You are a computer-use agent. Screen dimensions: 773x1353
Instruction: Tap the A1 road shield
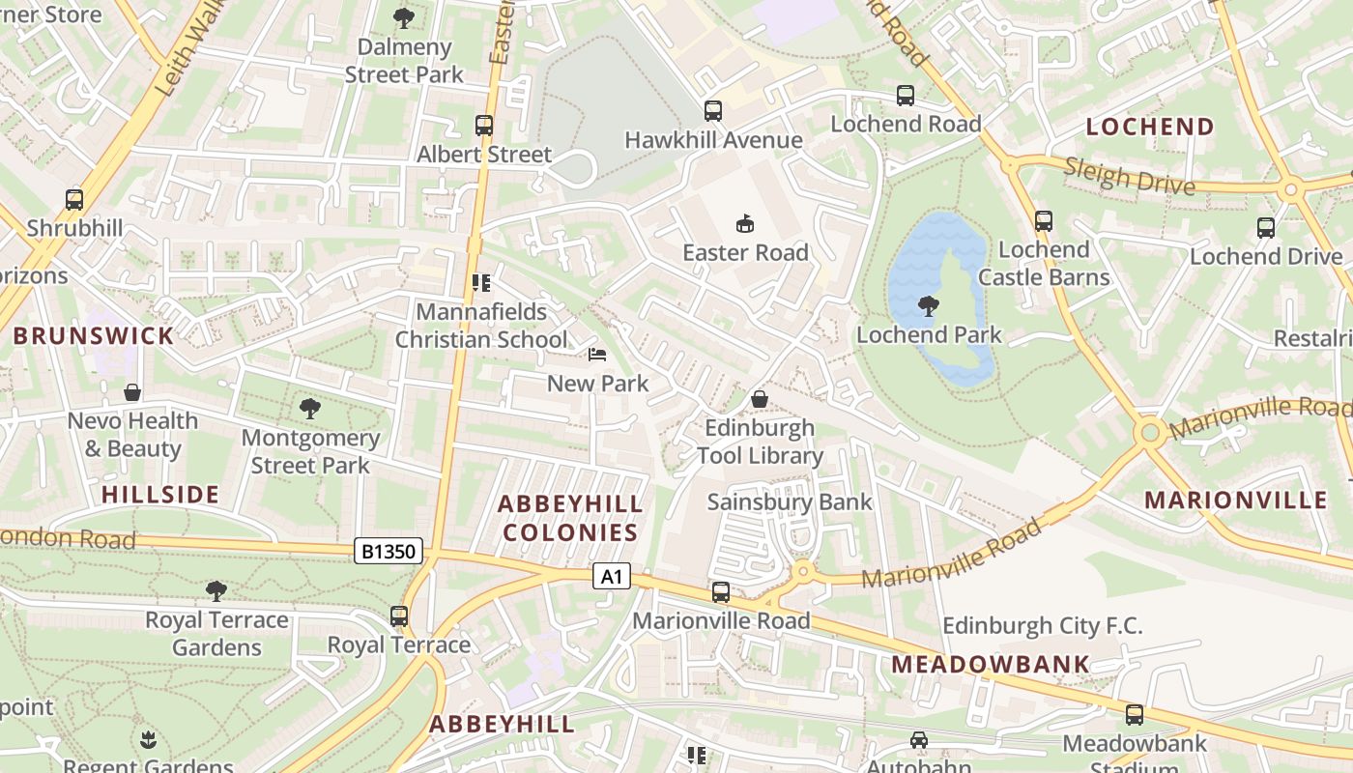pos(611,577)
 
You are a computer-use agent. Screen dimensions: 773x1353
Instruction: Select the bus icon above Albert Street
pos(484,126)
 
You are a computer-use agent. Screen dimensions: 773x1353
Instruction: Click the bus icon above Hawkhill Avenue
pos(713,111)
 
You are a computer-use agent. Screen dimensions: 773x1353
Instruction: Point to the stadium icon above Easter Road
pos(744,224)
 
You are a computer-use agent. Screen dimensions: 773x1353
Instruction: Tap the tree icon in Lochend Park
pos(928,306)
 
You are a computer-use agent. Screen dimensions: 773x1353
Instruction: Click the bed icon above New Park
pos(597,355)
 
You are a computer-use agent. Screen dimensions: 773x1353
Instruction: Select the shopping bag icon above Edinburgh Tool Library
pos(760,399)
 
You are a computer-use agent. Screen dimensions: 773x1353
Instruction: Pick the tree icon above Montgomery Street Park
pos(309,409)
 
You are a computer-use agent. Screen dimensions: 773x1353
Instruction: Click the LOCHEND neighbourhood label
pos(1150,127)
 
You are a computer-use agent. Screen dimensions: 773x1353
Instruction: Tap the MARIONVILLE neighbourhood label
pos(1235,500)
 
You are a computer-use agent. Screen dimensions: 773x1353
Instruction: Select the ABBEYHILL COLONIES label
pos(570,518)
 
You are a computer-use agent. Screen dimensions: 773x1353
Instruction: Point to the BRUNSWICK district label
pos(94,336)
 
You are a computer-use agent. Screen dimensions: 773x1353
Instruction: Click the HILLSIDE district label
pos(160,495)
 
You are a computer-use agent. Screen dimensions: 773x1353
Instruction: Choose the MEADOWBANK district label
pos(991,665)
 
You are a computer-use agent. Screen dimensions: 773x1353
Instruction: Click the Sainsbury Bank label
pos(790,501)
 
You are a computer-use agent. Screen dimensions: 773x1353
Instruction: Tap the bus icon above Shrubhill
pos(74,200)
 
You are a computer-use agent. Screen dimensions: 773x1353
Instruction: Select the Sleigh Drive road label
pos(1129,177)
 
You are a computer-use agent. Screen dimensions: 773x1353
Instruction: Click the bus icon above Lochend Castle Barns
pos(1044,221)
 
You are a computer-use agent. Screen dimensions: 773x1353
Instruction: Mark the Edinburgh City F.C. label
pos(1042,625)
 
